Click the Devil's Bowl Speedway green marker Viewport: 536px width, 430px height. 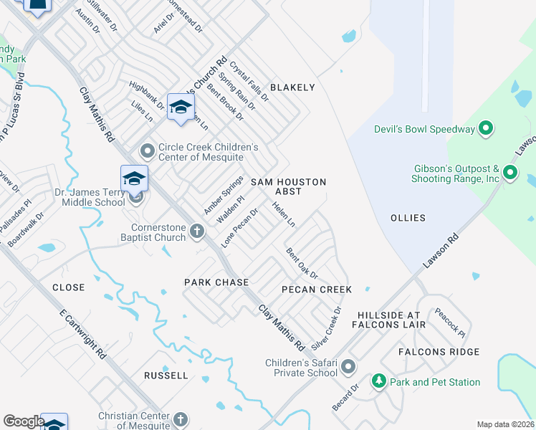486,129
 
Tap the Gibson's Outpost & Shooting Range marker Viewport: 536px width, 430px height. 510,172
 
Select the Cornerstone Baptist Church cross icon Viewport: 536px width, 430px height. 198,231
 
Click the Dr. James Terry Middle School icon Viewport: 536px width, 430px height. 134,180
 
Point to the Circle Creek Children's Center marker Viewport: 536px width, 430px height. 148,151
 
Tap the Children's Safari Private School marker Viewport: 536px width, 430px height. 348,367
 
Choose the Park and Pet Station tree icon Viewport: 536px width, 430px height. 378,382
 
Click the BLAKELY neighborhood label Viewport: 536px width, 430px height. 292,87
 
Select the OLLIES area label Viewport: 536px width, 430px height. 407,218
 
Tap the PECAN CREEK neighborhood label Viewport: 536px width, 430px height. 316,290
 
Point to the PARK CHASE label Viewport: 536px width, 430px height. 216,282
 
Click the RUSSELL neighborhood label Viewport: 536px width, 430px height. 166,375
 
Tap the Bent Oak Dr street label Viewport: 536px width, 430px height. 302,264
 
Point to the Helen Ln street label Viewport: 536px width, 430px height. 283,214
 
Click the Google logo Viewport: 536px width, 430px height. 24,421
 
